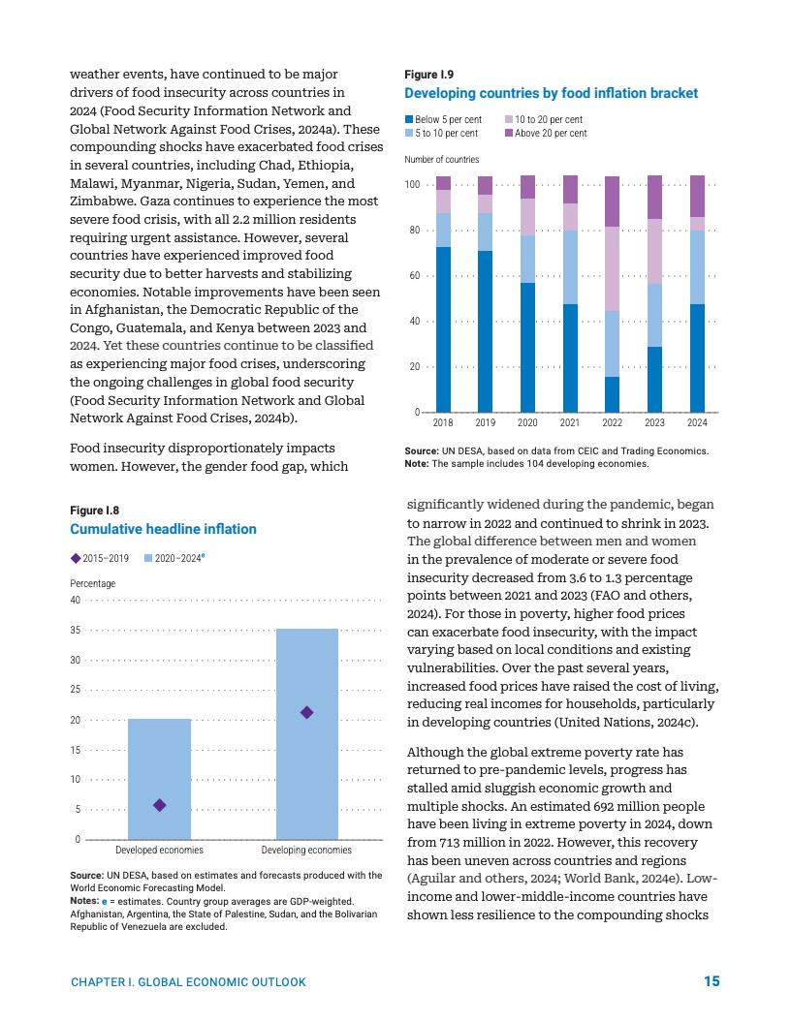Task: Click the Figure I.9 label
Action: (428, 75)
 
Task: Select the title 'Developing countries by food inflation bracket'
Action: (551, 93)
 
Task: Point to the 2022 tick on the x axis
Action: (612, 423)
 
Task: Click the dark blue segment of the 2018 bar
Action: (443, 329)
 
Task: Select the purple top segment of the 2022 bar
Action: (612, 201)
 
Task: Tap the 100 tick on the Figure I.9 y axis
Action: (413, 185)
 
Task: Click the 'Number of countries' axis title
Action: (441, 159)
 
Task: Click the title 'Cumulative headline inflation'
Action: (163, 529)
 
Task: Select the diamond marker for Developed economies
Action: (160, 805)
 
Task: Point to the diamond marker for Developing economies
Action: (306, 713)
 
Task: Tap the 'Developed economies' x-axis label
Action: (159, 851)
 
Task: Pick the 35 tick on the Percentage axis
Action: (77, 631)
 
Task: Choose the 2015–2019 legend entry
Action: (101, 558)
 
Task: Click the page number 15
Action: (712, 981)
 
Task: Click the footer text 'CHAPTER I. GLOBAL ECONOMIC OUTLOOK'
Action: (188, 982)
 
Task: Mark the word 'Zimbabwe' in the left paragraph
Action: (101, 201)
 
